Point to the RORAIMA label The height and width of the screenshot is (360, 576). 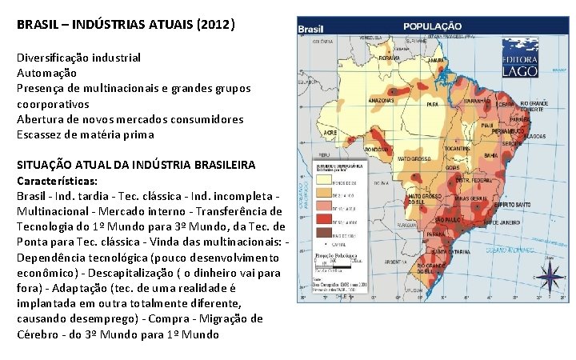(x=390, y=58)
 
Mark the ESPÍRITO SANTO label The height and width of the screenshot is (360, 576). (x=510, y=204)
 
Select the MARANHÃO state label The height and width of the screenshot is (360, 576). (x=476, y=102)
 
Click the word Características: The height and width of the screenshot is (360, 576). (x=55, y=181)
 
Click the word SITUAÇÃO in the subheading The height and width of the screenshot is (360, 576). (x=44, y=165)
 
